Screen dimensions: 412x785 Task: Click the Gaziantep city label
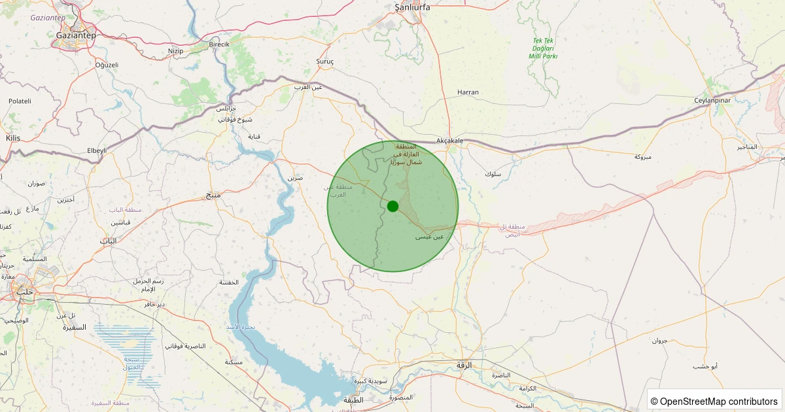[x=76, y=35]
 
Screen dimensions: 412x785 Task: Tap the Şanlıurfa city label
[x=413, y=7]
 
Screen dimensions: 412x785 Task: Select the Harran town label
[x=468, y=92]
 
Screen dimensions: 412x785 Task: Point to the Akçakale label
[x=449, y=141]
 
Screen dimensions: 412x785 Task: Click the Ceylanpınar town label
[x=712, y=100]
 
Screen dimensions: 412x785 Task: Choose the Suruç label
[x=325, y=61]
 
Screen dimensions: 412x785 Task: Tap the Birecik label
[x=219, y=44]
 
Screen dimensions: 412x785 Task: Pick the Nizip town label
[x=175, y=50]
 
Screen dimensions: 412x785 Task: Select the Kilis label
[x=13, y=138]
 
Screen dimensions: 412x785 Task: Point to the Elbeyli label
[x=96, y=150]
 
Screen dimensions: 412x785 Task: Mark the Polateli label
[x=20, y=101]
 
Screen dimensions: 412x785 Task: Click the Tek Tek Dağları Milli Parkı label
[x=543, y=48]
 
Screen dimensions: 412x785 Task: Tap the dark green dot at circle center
[x=392, y=206]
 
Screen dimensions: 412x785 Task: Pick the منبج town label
[x=213, y=195]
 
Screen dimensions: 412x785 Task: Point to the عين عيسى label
[x=430, y=237]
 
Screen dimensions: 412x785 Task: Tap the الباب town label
[x=108, y=241]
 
